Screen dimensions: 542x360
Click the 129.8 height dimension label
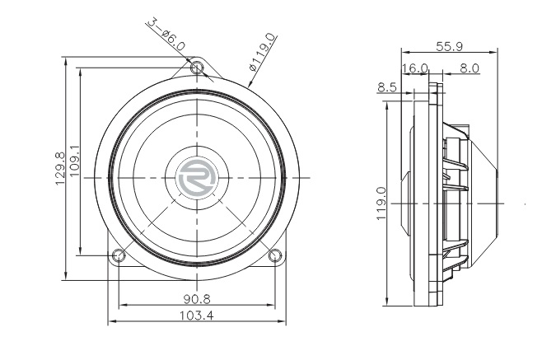pos(60,169)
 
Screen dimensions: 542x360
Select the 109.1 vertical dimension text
pos(75,161)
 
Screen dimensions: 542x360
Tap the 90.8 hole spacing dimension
pos(197,299)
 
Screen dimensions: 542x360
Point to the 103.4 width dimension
pos(197,316)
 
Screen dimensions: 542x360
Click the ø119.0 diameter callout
pos(264,52)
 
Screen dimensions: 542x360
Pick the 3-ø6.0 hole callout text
pos(166,35)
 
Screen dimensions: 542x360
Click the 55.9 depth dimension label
pos(449,46)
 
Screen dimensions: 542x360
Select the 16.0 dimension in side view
pos(415,68)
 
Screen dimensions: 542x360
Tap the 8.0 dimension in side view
pos(470,68)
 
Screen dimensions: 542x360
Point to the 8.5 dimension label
pos(387,87)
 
